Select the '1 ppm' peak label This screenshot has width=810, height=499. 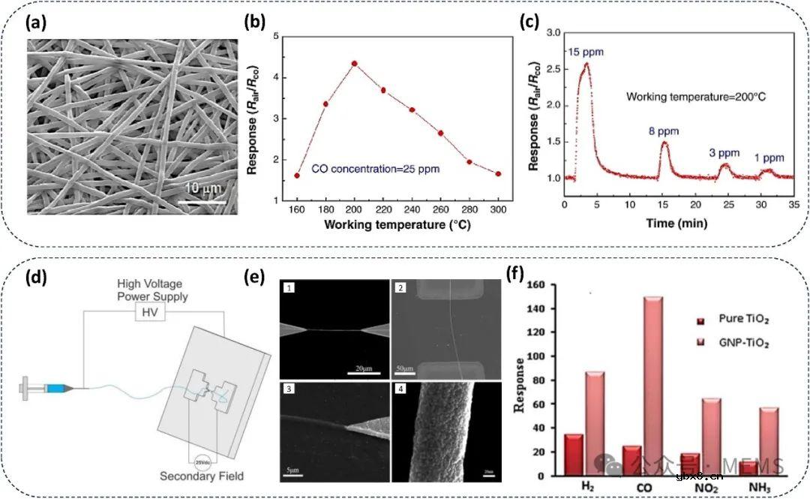tap(769, 158)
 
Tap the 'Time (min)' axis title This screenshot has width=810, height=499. tap(679, 223)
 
